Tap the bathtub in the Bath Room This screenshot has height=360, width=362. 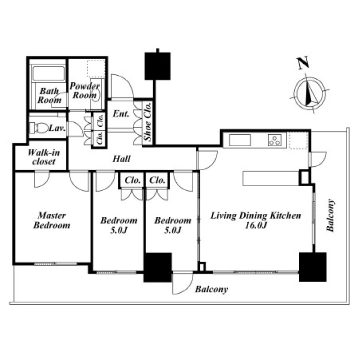click(49, 73)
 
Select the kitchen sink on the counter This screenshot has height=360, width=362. click(240, 140)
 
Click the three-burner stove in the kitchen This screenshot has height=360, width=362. click(274, 140)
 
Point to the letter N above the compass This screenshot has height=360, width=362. click(303, 63)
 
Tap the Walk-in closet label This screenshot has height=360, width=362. click(44, 157)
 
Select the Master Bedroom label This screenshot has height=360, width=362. click(52, 220)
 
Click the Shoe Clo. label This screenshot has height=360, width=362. click(148, 121)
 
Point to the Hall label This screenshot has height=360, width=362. click(121, 159)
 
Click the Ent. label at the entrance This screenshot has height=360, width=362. click(121, 114)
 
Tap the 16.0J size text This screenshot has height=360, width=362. click(256, 225)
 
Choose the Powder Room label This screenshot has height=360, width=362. click(85, 90)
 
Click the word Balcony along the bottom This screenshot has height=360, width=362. click(211, 289)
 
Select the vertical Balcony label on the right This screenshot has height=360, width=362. click(330, 216)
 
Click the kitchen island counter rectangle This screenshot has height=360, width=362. click(271, 178)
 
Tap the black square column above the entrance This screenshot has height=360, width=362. click(158, 66)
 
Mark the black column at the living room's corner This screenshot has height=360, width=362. click(313, 267)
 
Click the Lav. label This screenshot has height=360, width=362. click(57, 129)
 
